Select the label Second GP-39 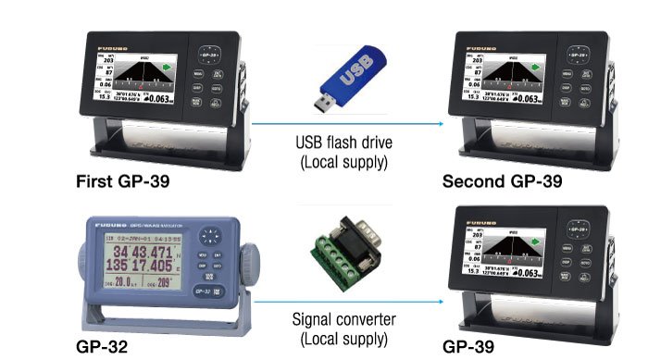pyautogui.click(x=500, y=180)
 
